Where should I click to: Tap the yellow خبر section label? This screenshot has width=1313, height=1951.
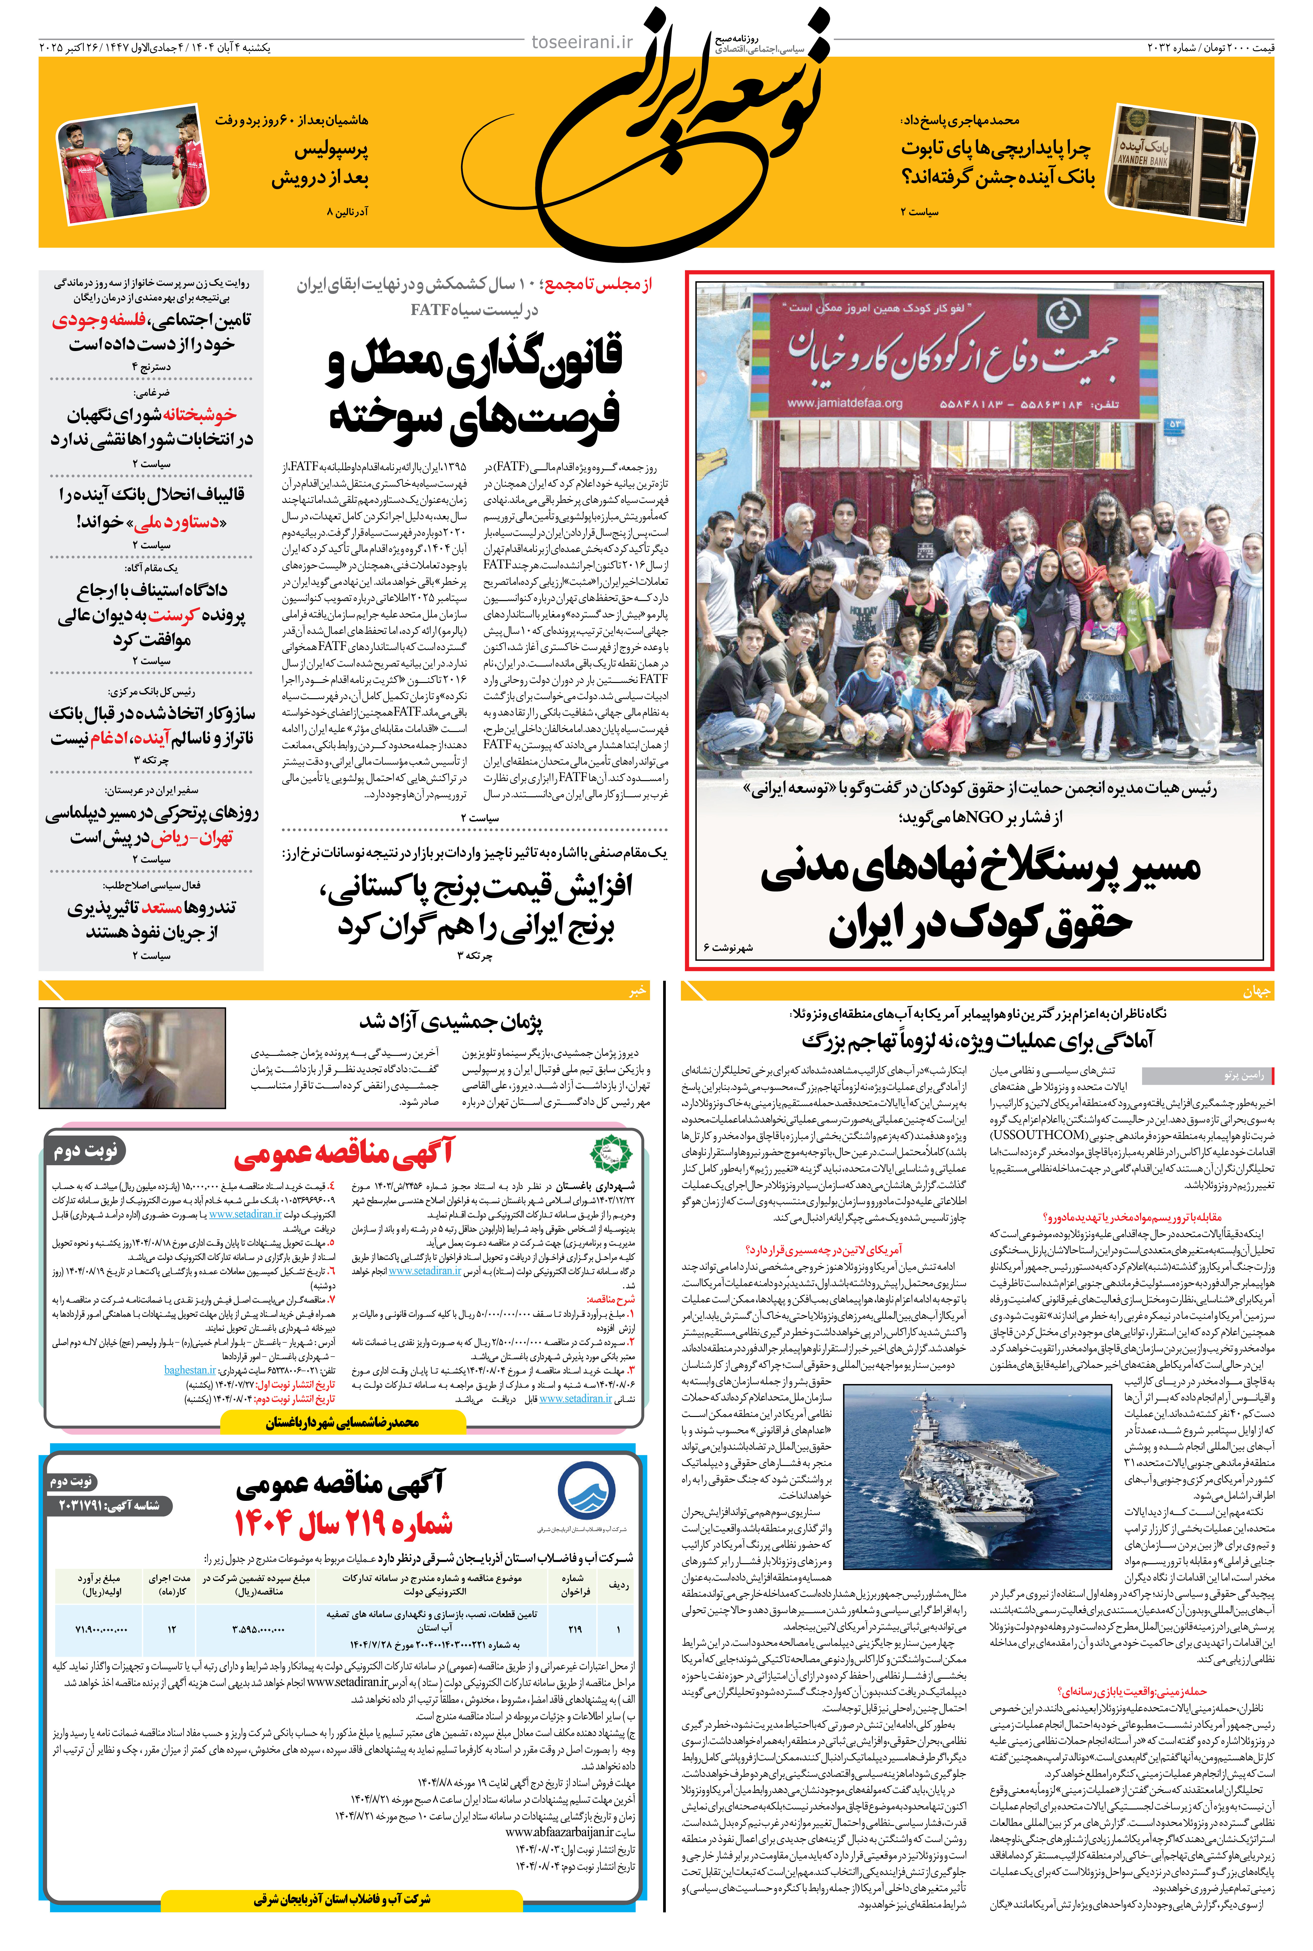tap(638, 991)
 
